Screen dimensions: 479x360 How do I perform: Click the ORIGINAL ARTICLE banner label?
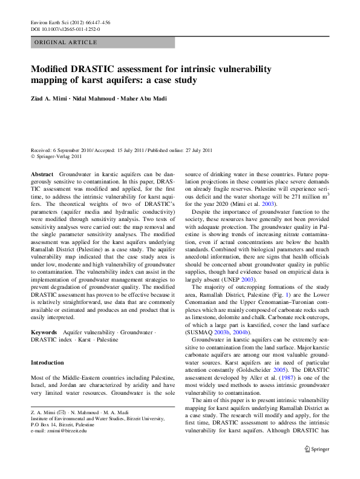(x=66, y=42)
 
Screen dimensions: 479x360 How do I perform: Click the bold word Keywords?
(x=44, y=332)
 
